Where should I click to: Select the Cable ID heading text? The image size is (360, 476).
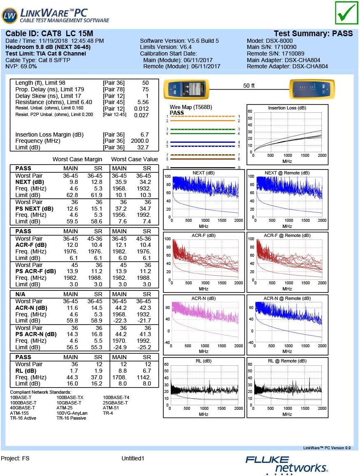click(49, 34)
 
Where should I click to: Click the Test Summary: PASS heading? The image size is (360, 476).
click(313, 34)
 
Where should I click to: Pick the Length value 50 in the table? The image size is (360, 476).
click(145, 83)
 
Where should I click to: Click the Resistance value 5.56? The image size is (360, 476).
click(143, 102)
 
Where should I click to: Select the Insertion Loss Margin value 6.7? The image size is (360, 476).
click(144, 135)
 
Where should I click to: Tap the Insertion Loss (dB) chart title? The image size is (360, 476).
click(287, 108)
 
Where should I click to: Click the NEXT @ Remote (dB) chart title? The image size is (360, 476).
click(287, 173)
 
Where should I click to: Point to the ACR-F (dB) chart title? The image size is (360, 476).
click(204, 235)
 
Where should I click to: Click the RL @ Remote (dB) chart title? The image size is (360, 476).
click(287, 361)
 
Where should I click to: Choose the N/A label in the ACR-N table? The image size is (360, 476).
click(21, 294)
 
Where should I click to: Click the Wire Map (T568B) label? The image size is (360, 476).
click(191, 107)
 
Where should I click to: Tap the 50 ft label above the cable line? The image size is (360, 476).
click(249, 86)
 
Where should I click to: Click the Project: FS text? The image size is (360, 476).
click(15, 458)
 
